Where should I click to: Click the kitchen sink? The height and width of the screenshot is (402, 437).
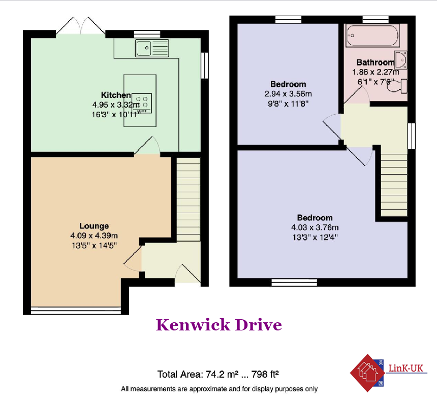tap(152, 48)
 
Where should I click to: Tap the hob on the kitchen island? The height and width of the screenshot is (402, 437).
tap(142, 103)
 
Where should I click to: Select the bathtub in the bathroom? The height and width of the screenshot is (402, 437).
tap(372, 36)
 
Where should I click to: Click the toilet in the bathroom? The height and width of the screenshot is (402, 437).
tap(397, 86)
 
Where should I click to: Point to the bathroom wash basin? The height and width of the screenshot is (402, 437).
tap(400, 60)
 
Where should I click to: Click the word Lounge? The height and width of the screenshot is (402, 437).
tap(94, 226)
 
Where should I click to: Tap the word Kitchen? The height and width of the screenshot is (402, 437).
tap(116, 95)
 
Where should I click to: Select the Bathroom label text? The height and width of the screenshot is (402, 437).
tap(376, 62)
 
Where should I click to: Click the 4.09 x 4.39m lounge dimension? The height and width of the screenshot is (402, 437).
tap(94, 236)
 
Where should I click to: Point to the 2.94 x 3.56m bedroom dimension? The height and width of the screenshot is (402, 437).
tap(288, 94)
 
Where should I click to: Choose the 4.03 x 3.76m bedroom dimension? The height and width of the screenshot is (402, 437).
tap(315, 227)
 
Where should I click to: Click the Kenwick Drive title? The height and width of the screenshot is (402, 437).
tap(219, 325)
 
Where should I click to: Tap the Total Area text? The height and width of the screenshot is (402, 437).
tap(218, 375)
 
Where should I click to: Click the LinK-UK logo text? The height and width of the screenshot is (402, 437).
tap(406, 368)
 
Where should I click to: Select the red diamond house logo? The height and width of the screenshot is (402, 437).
tap(367, 373)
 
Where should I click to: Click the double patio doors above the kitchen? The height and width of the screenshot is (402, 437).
tap(81, 25)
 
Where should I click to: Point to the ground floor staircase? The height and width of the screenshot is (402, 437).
tap(189, 199)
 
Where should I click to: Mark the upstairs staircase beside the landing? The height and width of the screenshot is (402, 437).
tap(394, 185)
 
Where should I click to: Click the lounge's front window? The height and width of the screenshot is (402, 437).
tap(76, 311)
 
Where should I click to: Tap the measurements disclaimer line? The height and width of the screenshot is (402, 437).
tap(220, 389)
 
